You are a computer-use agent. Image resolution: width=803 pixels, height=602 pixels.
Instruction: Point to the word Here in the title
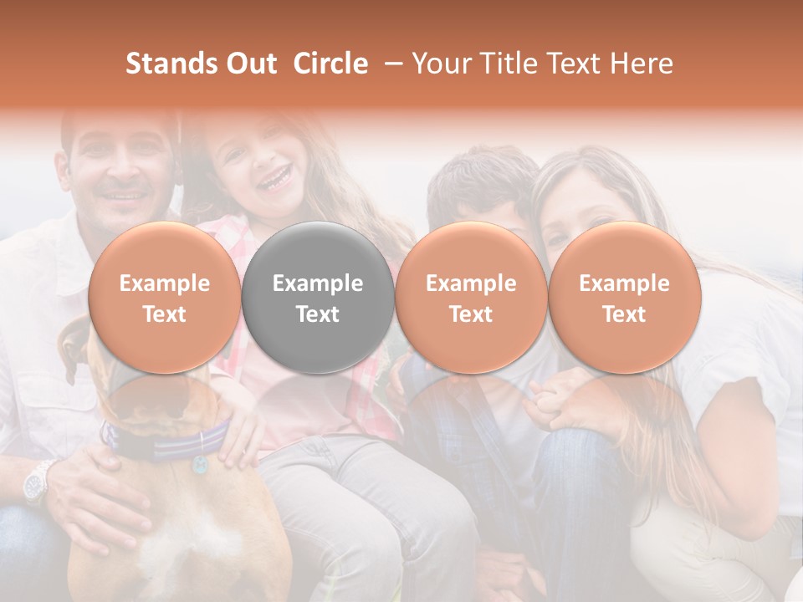pos(642,64)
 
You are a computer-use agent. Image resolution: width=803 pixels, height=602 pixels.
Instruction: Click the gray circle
pos(318,298)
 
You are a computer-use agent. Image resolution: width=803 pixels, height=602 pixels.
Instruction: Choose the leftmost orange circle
pos(165,298)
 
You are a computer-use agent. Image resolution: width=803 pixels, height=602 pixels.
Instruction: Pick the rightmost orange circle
pos(624,298)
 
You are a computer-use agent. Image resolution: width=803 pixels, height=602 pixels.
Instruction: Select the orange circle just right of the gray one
pos(471,298)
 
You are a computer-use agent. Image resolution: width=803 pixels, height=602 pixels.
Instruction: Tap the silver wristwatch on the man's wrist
pos(38,482)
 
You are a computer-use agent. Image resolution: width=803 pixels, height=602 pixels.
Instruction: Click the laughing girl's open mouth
pos(275,178)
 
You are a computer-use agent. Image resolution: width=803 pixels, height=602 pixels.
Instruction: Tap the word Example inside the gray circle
pos(318,283)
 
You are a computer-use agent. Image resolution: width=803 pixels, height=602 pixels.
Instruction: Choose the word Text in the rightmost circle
pos(624,314)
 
